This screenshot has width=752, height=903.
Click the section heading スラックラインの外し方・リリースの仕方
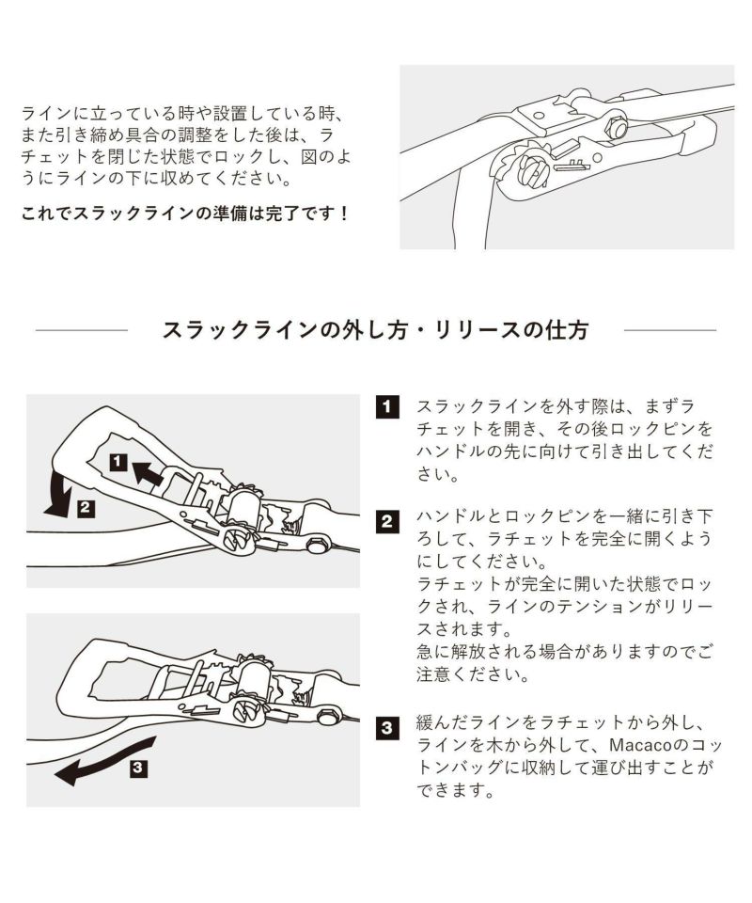[x=376, y=330]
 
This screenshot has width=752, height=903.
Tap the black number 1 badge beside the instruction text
[x=386, y=407]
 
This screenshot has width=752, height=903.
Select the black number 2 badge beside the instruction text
[x=386, y=520]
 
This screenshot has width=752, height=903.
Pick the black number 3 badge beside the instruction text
[x=386, y=727]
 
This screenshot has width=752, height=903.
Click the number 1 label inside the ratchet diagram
[x=117, y=461]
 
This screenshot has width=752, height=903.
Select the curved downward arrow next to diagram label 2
[x=58, y=495]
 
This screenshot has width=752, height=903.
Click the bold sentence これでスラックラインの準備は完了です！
[x=185, y=214]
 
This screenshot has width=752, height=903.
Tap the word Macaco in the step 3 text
[x=634, y=746]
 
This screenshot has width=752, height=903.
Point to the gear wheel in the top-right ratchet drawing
[x=530, y=167]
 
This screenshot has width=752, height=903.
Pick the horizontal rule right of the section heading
[x=669, y=331]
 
